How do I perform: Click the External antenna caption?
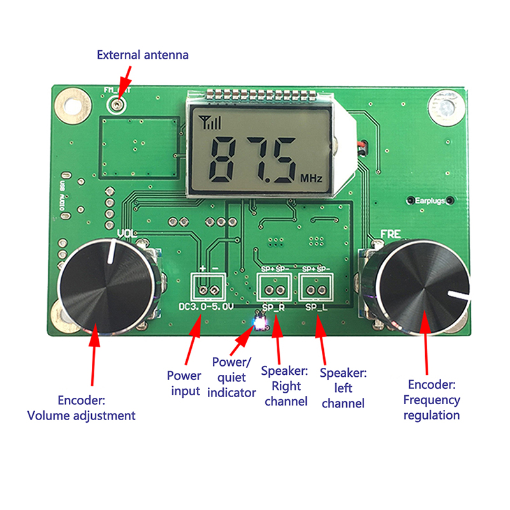[x=143, y=55]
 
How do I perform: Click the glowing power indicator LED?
[x=259, y=324]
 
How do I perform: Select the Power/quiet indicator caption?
[x=233, y=377]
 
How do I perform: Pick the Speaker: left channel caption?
[x=343, y=388]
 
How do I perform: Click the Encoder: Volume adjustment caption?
[x=82, y=408]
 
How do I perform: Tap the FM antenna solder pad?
[x=117, y=103]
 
